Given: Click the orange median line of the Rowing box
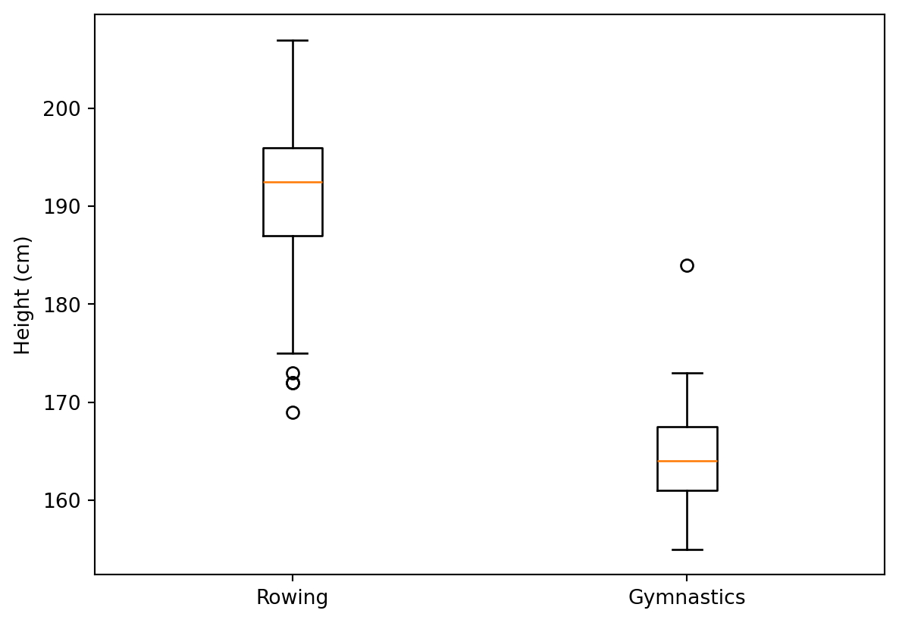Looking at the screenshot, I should pos(293,182).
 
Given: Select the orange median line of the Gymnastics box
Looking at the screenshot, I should pos(687,461).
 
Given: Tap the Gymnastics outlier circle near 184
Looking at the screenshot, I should pos(687,265).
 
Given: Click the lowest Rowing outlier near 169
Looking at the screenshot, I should pos(293,412).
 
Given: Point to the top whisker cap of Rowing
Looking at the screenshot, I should pos(293,40).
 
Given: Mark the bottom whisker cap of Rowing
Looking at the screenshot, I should pos(293,353).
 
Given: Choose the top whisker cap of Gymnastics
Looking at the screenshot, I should pos(687,373).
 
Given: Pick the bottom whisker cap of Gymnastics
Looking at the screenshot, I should pos(687,549).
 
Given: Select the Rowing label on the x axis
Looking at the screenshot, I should pos(293,598).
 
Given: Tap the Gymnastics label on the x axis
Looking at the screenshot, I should pos(687,598).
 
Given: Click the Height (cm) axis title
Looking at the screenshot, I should pos(23,295).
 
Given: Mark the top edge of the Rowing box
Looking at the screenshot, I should pos(293,148).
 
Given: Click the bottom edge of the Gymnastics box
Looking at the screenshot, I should pos(687,490).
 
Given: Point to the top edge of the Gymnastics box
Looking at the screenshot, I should pos(687,427).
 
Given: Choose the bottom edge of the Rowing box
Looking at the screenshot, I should pos(293,236).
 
